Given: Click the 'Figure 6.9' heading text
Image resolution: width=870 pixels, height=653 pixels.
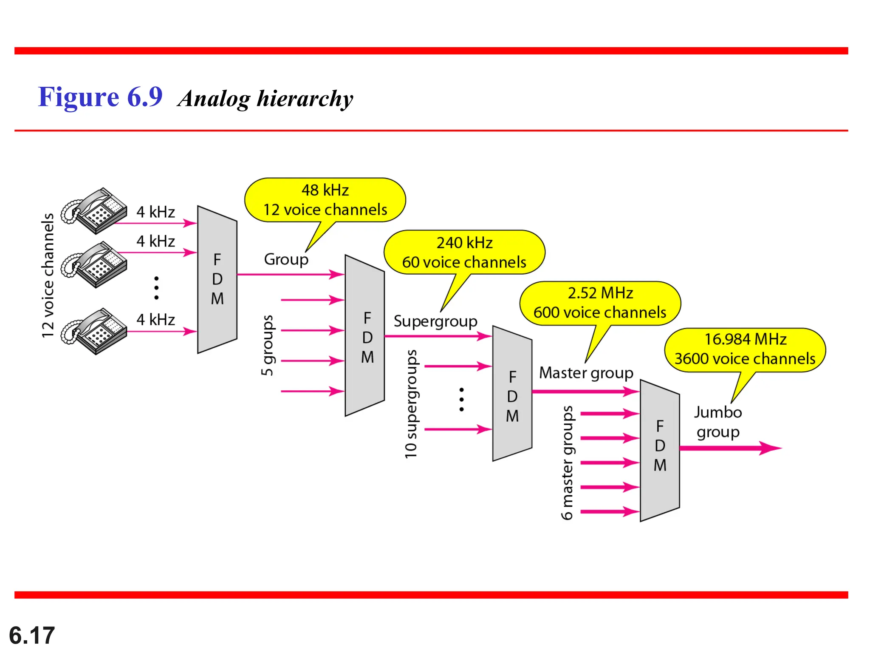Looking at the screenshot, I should tap(100, 97).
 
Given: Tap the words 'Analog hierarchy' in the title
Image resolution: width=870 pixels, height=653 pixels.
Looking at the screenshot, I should tap(265, 99).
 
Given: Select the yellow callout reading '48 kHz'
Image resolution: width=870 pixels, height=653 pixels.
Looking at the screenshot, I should tap(325, 200).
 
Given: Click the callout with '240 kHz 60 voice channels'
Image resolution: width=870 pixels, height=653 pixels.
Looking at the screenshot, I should tap(464, 253).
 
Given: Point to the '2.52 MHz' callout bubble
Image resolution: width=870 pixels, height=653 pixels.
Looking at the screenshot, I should tap(600, 303).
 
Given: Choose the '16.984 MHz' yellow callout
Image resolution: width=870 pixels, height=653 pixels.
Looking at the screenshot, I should tap(745, 349).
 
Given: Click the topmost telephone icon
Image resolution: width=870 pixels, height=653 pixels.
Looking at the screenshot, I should tap(94, 211).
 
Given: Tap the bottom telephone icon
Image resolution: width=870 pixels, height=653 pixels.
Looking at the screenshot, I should tap(94, 331).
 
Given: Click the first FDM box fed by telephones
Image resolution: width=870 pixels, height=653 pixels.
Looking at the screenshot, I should tap(217, 279).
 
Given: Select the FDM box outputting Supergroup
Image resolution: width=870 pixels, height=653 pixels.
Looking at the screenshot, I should tap(365, 336).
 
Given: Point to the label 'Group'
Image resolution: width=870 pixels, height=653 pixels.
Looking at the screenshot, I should tap(286, 259).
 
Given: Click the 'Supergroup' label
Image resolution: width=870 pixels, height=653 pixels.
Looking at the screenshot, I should tap(435, 321).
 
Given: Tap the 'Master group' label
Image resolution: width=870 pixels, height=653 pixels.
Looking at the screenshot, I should tap(586, 373).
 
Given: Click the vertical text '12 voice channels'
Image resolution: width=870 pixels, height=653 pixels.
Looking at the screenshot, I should tap(48, 275).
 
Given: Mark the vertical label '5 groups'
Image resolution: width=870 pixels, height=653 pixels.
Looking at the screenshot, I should tap(267, 345).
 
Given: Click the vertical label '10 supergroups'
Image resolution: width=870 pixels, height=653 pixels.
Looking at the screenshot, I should tap(411, 404).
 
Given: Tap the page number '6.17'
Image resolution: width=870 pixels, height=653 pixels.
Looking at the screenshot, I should tap(32, 635).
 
